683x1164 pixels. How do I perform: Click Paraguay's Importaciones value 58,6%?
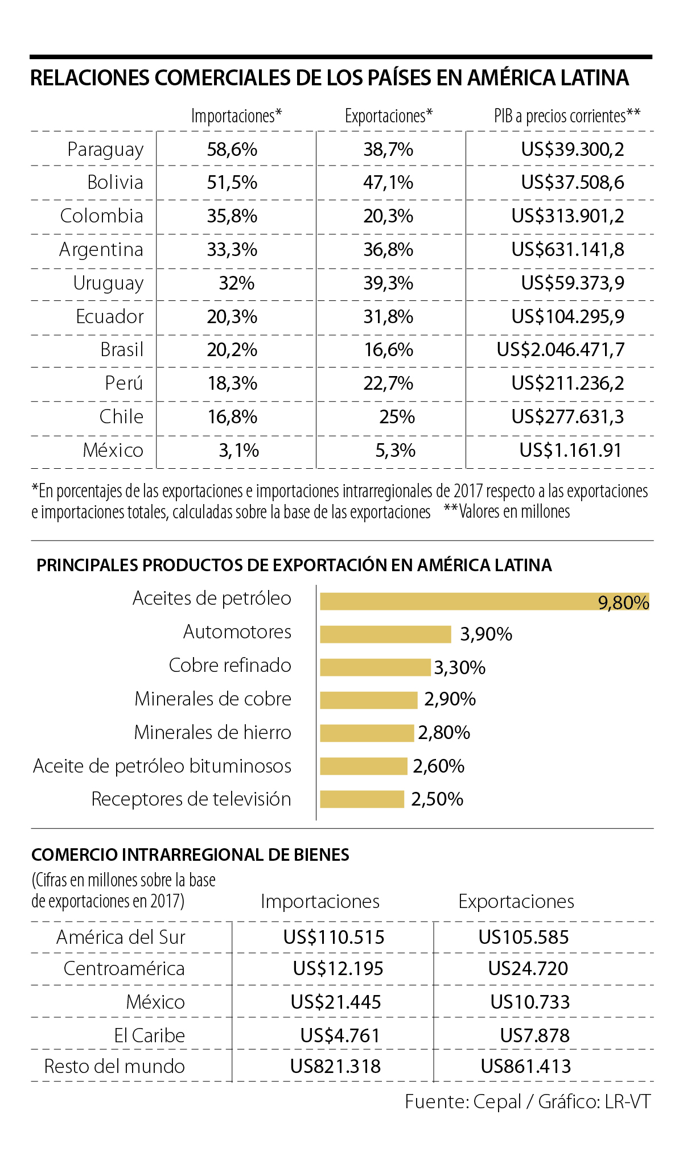pyautogui.click(x=232, y=149)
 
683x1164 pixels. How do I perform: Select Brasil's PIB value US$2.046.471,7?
pyautogui.click(x=561, y=349)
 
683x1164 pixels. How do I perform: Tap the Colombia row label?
pyautogui.click(x=102, y=216)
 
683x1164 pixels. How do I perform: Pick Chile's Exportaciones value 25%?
pyautogui.click(x=397, y=416)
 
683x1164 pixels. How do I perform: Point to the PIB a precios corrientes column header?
pyautogui.click(x=567, y=116)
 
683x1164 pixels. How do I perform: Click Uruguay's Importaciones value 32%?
pyautogui.click(x=237, y=283)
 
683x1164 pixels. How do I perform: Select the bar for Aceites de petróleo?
pyautogui.click(x=484, y=601)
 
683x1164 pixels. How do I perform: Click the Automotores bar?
pyautogui.click(x=385, y=634)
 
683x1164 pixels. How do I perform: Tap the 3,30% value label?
pyautogui.click(x=460, y=667)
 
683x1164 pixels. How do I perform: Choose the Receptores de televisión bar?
pyautogui.click(x=362, y=799)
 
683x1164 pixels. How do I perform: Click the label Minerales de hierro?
pyautogui.click(x=212, y=732)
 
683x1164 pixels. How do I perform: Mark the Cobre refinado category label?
pyautogui.click(x=230, y=665)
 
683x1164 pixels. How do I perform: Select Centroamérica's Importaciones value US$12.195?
pyautogui.click(x=338, y=968)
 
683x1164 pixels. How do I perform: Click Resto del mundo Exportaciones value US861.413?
pyautogui.click(x=526, y=1066)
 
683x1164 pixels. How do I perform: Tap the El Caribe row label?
pyautogui.click(x=150, y=1035)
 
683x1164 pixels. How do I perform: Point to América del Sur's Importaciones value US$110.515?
pyautogui.click(x=334, y=937)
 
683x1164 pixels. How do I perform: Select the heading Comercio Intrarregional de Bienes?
pyautogui.click(x=190, y=855)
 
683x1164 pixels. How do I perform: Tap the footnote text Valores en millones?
pyautogui.click(x=515, y=511)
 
